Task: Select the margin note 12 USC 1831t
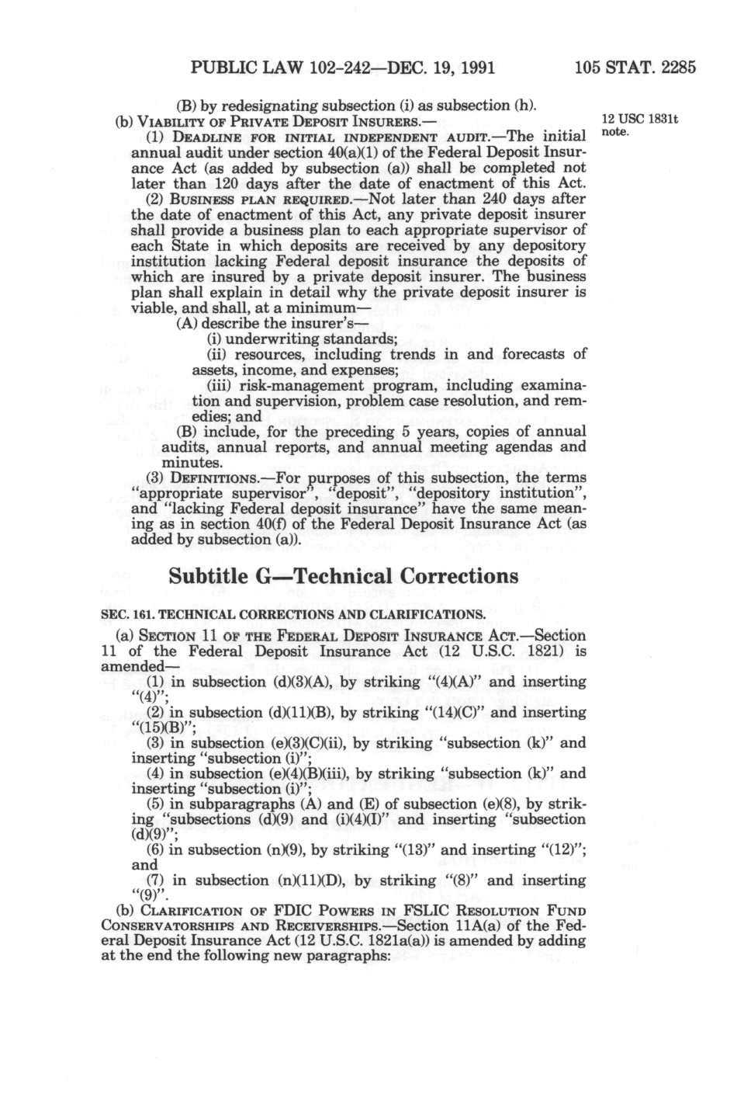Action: (x=640, y=120)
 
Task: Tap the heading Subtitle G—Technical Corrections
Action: (x=343, y=576)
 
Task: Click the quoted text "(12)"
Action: (x=559, y=849)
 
